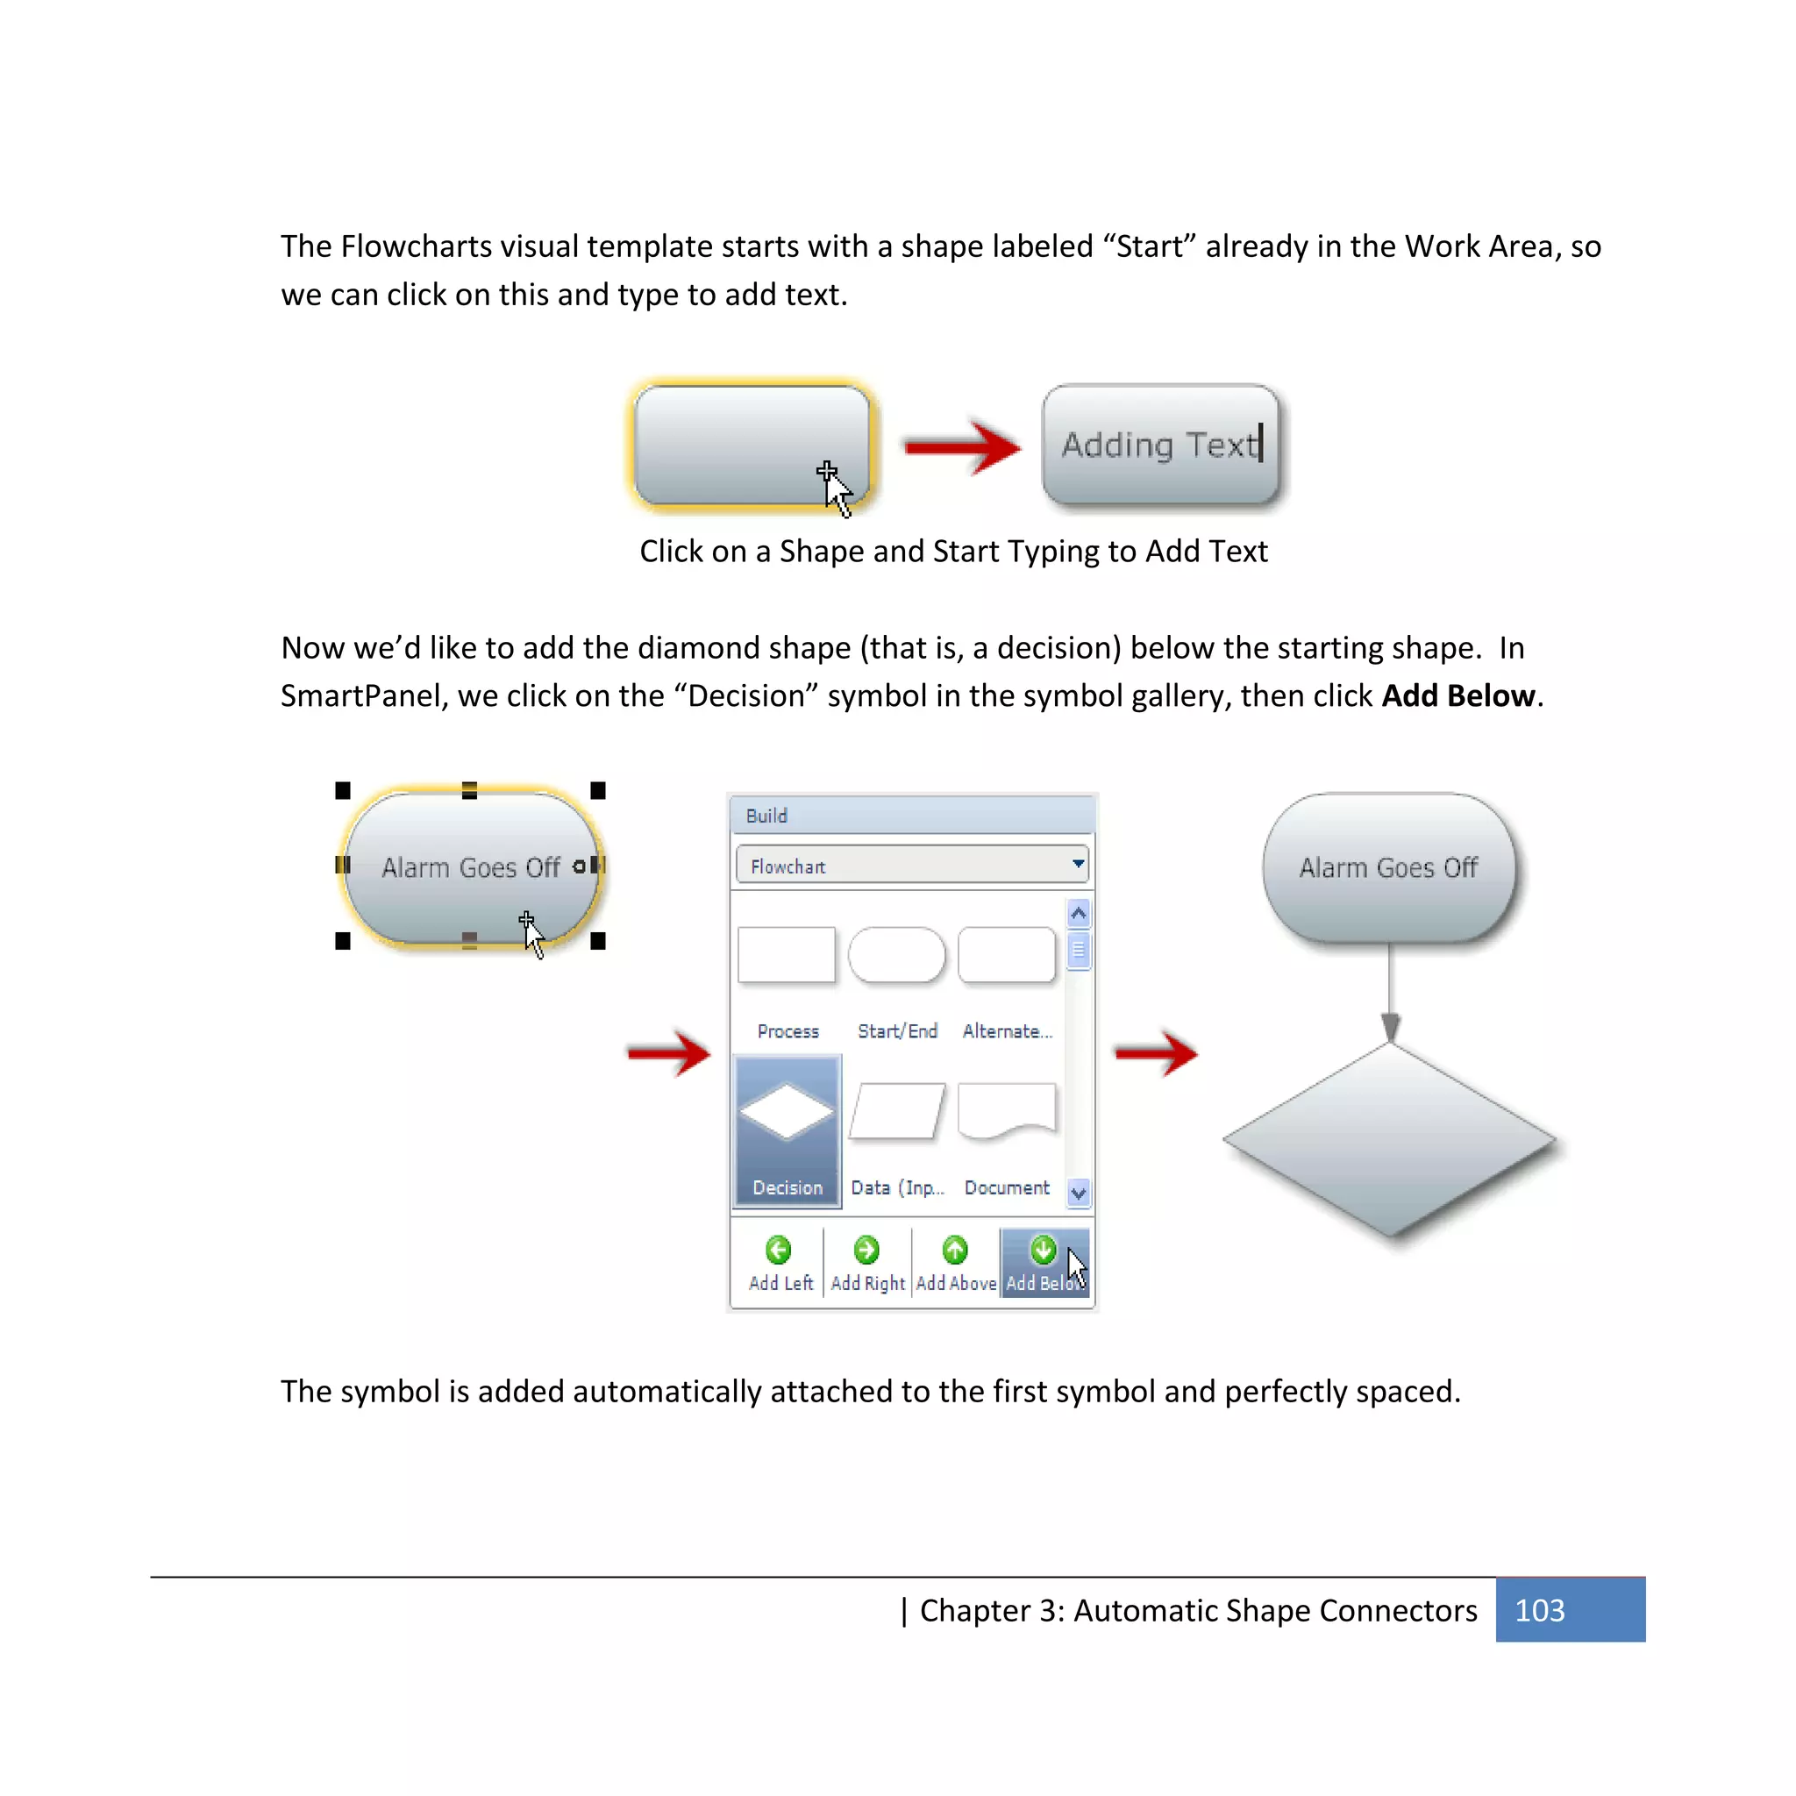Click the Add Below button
pyautogui.click(x=1044, y=1264)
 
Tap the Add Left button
pyautogui.click(x=780, y=1264)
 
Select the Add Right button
pyautogui.click(x=866, y=1264)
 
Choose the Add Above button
pyautogui.click(x=956, y=1264)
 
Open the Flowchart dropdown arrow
pyautogui.click(x=1078, y=865)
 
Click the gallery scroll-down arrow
pyautogui.click(x=1079, y=1193)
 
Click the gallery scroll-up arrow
pyautogui.click(x=1079, y=914)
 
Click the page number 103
pyautogui.click(x=1539, y=1610)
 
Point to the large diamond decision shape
pyautogui.click(x=1389, y=1140)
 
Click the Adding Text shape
pyautogui.click(x=1160, y=445)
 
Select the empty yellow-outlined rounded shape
pyautogui.click(x=752, y=445)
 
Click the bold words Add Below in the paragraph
pyautogui.click(x=1457, y=696)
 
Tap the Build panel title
pyautogui.click(x=767, y=816)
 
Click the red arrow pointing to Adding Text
pyautogui.click(x=962, y=447)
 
